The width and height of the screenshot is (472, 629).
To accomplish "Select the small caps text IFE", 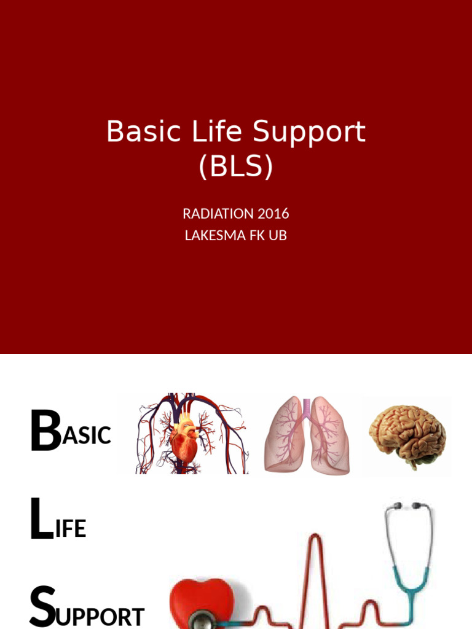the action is pos(70,529).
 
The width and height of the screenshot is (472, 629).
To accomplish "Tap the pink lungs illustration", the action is pos(307,435).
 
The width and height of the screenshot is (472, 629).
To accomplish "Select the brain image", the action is pos(407,434).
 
